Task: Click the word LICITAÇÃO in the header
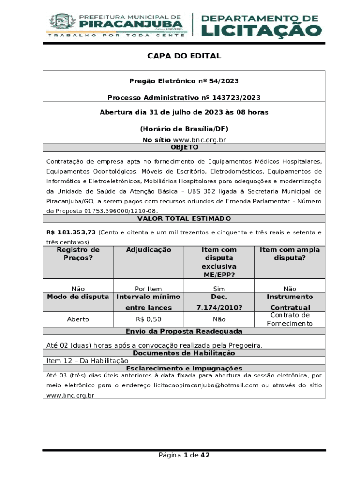point(261,30)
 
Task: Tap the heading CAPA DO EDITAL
point(184,56)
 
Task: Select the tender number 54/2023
point(224,81)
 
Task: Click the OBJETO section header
point(184,147)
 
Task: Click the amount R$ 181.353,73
point(71,232)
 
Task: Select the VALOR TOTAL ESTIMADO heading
point(184,218)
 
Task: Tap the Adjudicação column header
point(149,250)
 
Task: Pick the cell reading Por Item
point(148,289)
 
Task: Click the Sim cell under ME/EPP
point(219,289)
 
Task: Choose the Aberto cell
point(78,319)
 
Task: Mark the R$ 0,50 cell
point(148,319)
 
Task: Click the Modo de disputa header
point(78,297)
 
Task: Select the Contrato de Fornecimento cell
point(290,319)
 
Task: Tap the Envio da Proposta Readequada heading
point(184,331)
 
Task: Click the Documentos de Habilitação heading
point(184,353)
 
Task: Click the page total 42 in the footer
point(205,455)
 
